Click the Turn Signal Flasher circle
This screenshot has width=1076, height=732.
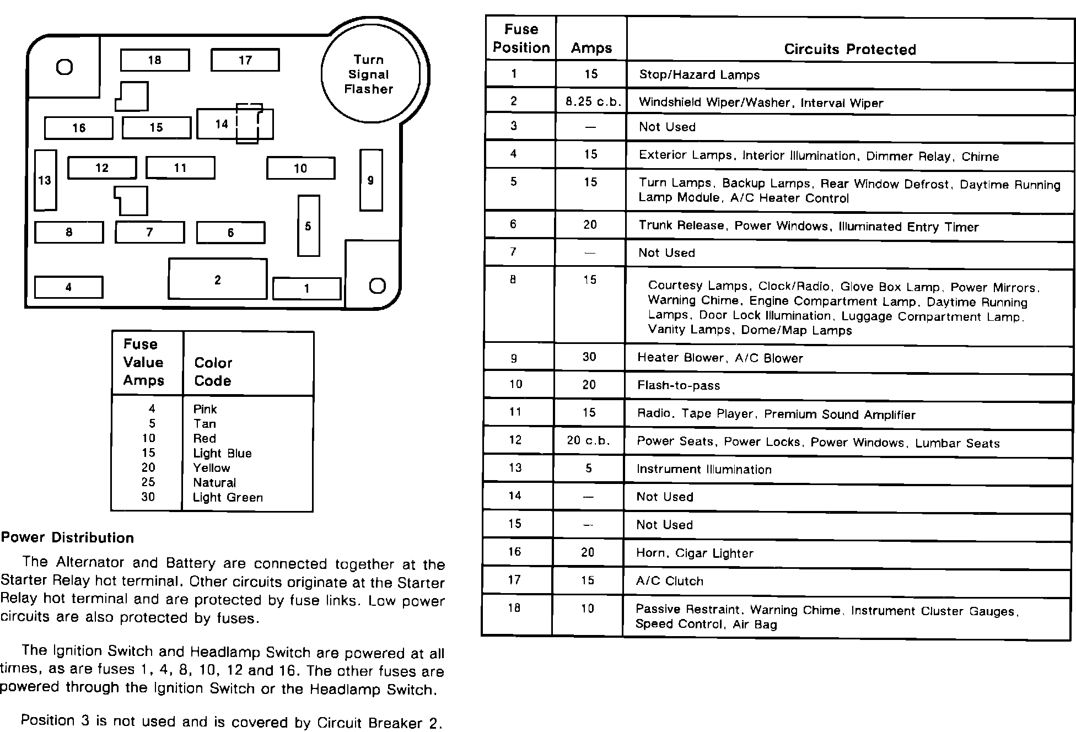[369, 74]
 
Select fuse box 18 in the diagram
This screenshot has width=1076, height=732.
[155, 60]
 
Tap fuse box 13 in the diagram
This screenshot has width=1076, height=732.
[45, 180]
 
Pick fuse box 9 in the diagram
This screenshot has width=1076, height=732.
[371, 180]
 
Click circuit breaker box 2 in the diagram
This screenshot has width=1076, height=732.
[218, 279]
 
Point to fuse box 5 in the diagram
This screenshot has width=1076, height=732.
[308, 226]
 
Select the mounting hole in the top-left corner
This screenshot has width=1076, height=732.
[64, 67]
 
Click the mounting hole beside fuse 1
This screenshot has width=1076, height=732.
[377, 286]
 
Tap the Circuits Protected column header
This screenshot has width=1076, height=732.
[849, 49]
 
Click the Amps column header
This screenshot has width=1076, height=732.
[591, 48]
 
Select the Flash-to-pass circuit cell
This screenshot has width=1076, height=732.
[679, 385]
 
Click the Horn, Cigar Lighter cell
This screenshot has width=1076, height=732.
[695, 553]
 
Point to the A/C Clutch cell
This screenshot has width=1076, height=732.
[670, 581]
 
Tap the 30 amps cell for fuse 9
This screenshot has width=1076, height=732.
[589, 357]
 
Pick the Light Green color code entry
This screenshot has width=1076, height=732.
[228, 497]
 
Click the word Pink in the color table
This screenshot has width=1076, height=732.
[205, 409]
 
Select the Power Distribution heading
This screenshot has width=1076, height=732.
[67, 538]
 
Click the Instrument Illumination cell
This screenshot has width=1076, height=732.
[704, 469]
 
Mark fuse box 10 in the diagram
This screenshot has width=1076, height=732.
[300, 168]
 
